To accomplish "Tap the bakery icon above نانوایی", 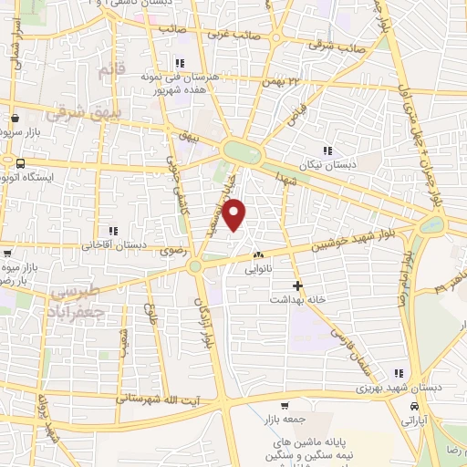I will pos(258,256).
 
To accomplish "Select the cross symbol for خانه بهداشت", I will pos(297,285).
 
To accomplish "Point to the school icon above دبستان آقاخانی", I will pos(113,232).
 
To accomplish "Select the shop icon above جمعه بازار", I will pos(285,406).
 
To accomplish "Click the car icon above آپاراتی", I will pos(415,407).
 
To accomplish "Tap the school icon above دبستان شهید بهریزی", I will pos(398,373).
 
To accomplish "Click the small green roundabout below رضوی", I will pos(194,266).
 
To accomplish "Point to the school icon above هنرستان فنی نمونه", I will pos(179,63).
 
